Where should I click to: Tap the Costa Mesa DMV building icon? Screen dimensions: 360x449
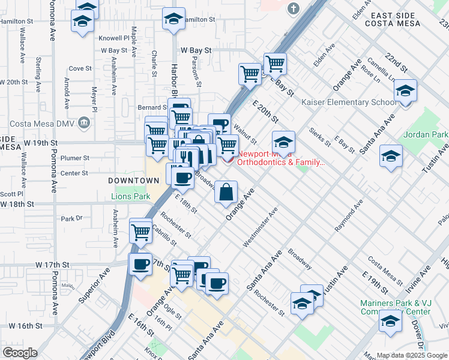tap(84, 123)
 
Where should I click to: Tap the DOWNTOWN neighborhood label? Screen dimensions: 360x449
tap(133, 181)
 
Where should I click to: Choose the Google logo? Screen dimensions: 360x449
tap(19, 352)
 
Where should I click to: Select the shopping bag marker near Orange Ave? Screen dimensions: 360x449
tap(226, 192)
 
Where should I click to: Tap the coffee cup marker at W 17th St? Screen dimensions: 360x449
tap(141, 264)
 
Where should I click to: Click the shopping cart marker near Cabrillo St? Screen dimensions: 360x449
tap(140, 230)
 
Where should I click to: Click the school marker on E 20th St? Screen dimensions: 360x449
tap(283, 142)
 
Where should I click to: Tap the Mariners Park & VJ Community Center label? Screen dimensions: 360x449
tap(396, 307)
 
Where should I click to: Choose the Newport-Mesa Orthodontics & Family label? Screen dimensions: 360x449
tap(282, 158)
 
